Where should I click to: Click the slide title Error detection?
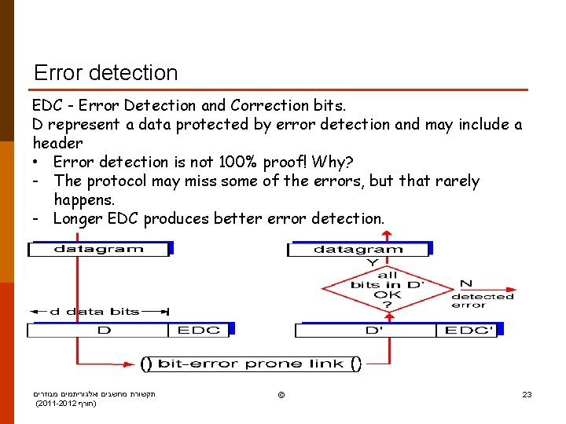click(106, 73)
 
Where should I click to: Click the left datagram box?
click(99, 249)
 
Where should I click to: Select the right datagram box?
click(358, 250)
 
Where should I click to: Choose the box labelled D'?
click(374, 331)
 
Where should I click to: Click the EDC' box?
click(469, 331)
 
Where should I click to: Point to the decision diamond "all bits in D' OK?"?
click(388, 290)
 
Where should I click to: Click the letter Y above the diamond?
click(373, 262)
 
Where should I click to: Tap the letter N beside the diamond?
click(465, 283)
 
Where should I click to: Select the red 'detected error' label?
click(483, 301)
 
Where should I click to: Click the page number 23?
click(527, 394)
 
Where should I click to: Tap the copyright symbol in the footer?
click(281, 394)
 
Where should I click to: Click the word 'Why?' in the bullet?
click(333, 163)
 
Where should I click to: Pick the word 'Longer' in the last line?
click(77, 219)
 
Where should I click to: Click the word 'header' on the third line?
click(57, 144)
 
